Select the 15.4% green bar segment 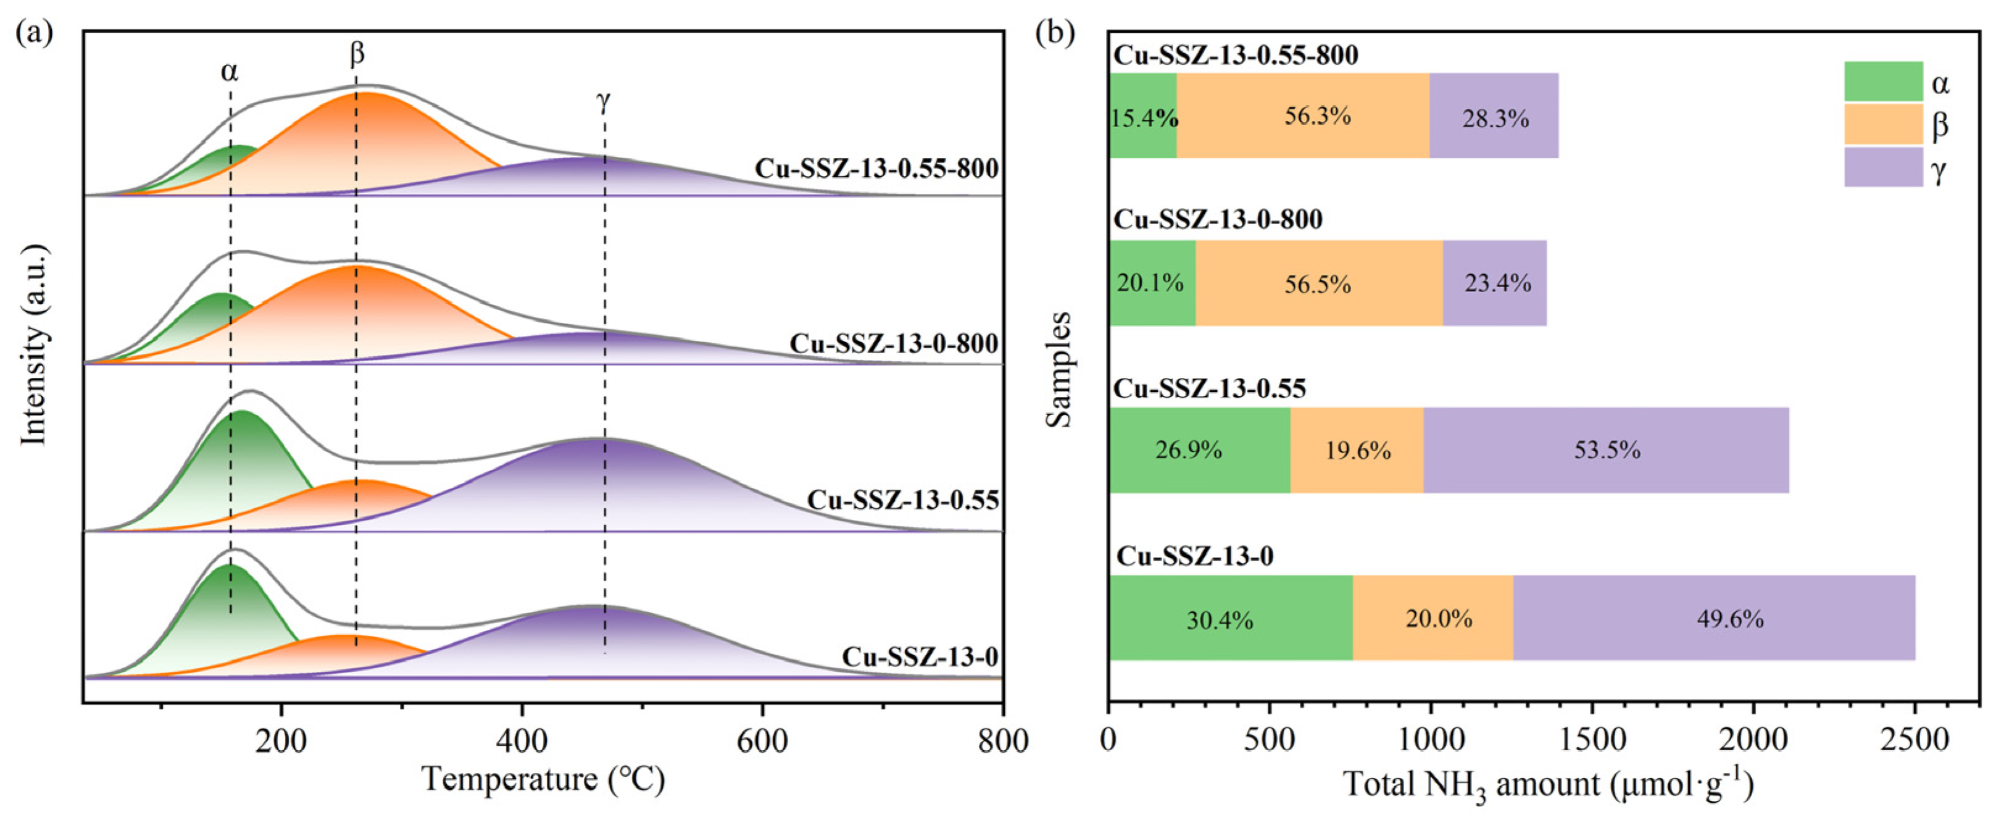[1143, 116]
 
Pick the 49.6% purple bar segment [1714, 619]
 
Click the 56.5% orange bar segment [1318, 283]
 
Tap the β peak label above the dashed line [357, 54]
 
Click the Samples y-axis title [1058, 369]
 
